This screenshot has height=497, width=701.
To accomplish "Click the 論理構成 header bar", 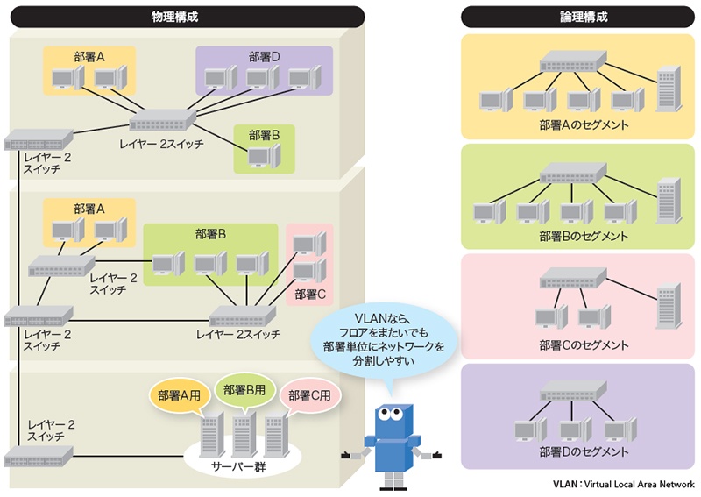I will pos(577,17).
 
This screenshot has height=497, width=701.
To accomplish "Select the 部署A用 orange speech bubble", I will pos(180,395).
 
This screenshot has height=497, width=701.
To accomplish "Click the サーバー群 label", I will pos(237,467).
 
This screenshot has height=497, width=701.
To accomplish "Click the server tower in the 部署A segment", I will pos(668,86).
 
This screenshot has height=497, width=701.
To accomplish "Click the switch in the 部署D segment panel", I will pos(573,397).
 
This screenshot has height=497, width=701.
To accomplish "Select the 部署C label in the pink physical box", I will pos(310,293).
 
